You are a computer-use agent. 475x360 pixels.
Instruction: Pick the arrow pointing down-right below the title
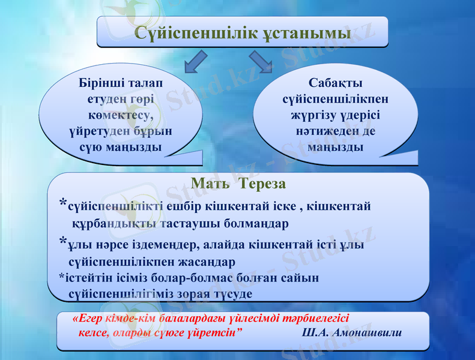(x=260, y=62)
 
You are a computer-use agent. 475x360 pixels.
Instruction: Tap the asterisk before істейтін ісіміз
(x=62, y=277)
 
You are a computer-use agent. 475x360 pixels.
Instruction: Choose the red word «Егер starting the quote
(x=85, y=318)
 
